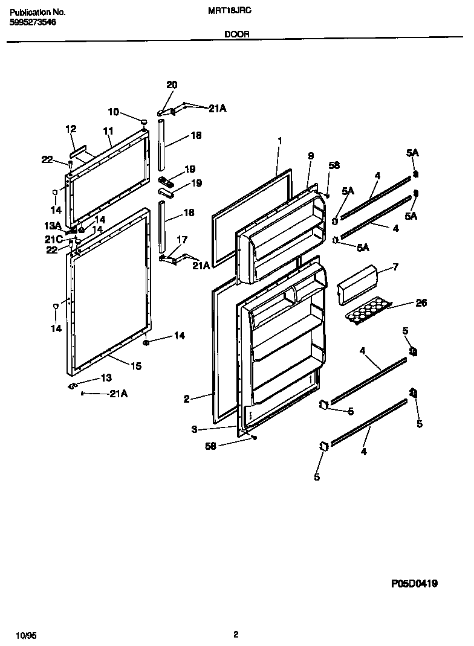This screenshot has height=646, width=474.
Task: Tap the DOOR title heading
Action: pyautogui.click(x=236, y=35)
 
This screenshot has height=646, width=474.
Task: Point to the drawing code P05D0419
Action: pyautogui.click(x=414, y=583)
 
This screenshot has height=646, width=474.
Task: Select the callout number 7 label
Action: pyautogui.click(x=395, y=266)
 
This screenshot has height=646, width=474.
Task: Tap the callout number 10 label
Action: pyautogui.click(x=114, y=112)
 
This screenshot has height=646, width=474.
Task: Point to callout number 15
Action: pyautogui.click(x=135, y=366)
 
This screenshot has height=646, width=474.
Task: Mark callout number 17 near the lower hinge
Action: pyautogui.click(x=181, y=240)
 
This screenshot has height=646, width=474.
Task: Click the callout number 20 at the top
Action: pyautogui.click(x=172, y=85)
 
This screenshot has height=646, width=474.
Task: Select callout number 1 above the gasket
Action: pyautogui.click(x=280, y=141)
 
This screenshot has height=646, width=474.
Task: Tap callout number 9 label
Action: pyautogui.click(x=310, y=156)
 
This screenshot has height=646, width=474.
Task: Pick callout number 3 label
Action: pyautogui.click(x=194, y=429)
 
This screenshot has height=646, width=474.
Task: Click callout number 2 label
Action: pyautogui.click(x=187, y=398)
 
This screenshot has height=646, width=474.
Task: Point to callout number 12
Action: pyautogui.click(x=71, y=129)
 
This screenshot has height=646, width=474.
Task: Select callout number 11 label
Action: pyautogui.click(x=108, y=130)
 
